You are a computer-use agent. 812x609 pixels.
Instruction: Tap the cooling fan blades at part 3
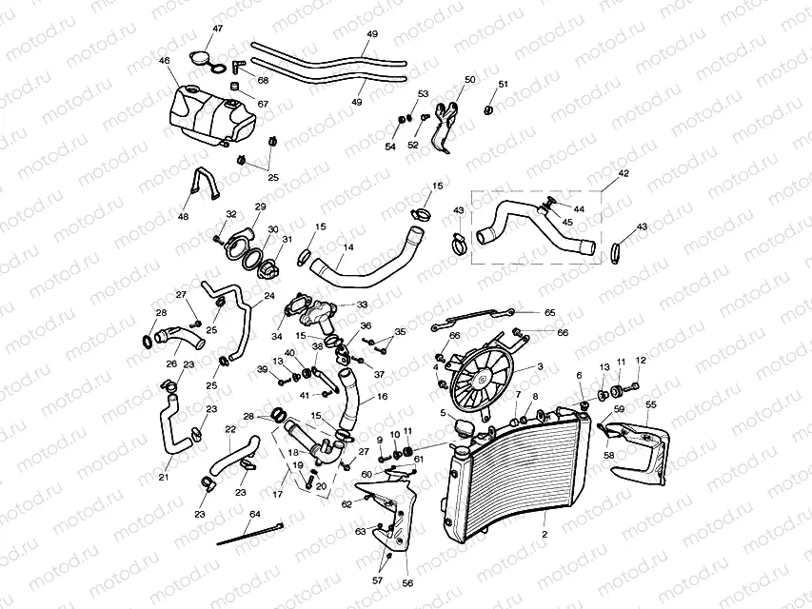(482, 378)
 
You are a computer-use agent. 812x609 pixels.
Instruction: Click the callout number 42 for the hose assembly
(624, 174)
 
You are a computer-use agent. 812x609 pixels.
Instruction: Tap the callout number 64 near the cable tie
(254, 515)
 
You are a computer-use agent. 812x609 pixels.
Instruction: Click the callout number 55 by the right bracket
(651, 403)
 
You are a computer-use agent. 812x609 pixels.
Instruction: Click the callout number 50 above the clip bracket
(469, 80)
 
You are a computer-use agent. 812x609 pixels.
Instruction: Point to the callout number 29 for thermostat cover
(260, 206)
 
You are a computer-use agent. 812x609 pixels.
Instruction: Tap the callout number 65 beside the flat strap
(549, 312)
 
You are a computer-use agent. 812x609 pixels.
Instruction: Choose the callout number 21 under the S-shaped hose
(164, 477)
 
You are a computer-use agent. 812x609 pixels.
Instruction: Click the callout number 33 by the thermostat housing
(362, 304)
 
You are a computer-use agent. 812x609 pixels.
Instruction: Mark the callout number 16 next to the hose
(382, 397)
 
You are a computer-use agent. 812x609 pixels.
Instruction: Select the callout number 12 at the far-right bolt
(641, 360)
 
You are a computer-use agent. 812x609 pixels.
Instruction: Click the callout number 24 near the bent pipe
(269, 296)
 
